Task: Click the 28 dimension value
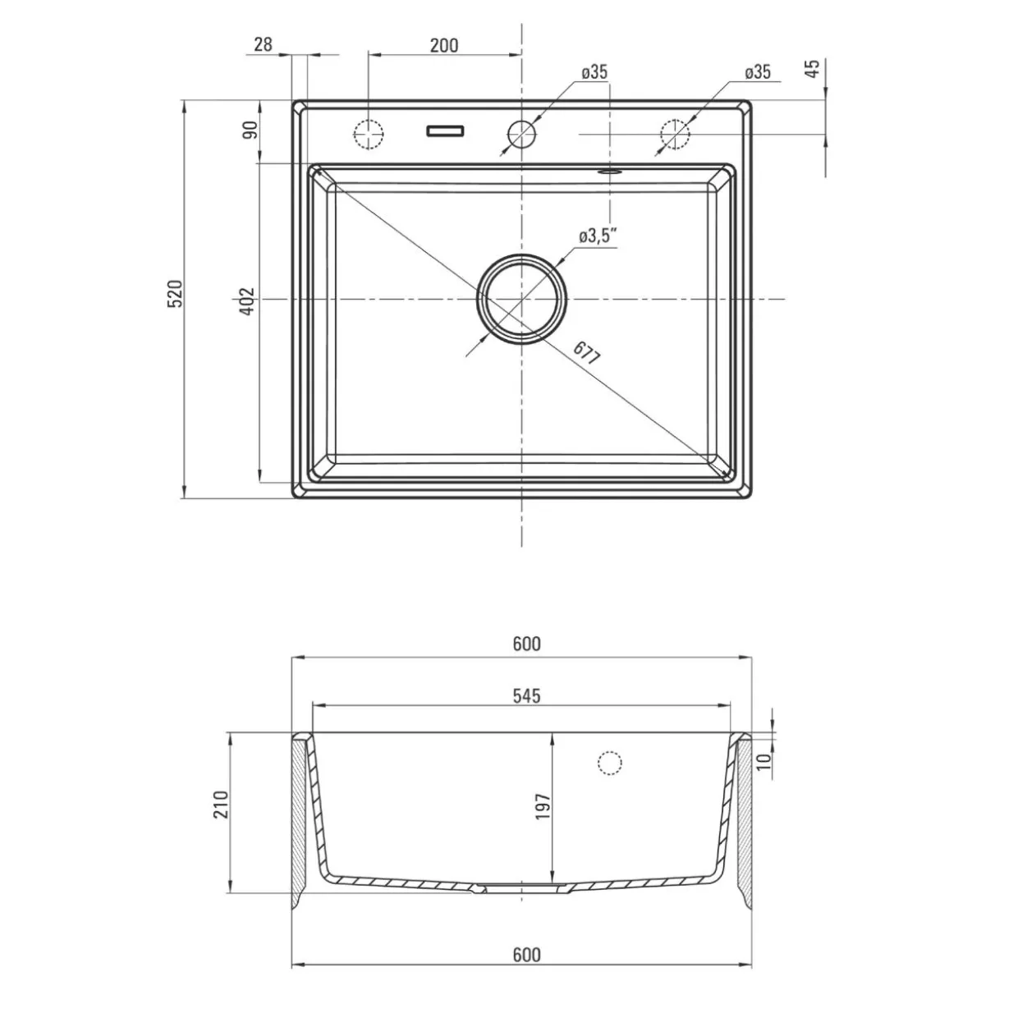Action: point(263,44)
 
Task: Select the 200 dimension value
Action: point(444,45)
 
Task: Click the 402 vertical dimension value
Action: point(247,301)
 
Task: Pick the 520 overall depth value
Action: point(175,294)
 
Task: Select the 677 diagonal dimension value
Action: point(587,353)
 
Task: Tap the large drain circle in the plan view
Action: point(521,299)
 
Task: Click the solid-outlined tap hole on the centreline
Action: point(521,134)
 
